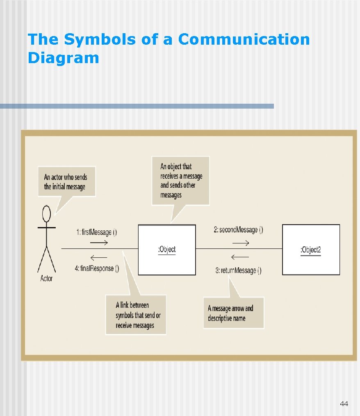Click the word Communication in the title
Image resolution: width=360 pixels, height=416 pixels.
click(x=244, y=40)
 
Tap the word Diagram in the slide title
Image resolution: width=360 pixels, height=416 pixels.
click(x=63, y=58)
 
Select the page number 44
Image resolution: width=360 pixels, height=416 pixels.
click(x=344, y=404)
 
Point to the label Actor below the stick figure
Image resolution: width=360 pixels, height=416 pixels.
click(x=47, y=279)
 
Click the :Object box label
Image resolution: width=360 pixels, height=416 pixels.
click(x=167, y=250)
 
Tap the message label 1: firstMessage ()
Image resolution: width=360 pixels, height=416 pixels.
click(x=96, y=232)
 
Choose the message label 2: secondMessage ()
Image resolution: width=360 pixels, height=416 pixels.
click(x=238, y=230)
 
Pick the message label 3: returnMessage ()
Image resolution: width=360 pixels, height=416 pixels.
click(x=238, y=270)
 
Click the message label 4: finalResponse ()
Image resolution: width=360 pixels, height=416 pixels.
click(x=97, y=269)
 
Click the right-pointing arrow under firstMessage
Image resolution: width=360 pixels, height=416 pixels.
click(x=99, y=243)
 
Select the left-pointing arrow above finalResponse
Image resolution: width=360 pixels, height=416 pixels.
click(x=98, y=257)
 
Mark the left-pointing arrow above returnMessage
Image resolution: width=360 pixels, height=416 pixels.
click(x=240, y=257)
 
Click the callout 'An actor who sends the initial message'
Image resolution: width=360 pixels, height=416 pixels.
click(x=66, y=182)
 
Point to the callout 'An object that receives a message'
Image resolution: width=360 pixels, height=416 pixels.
click(x=180, y=181)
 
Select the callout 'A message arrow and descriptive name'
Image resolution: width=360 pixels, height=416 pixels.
click(x=233, y=313)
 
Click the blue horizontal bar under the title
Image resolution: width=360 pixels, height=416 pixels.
click(x=137, y=106)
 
